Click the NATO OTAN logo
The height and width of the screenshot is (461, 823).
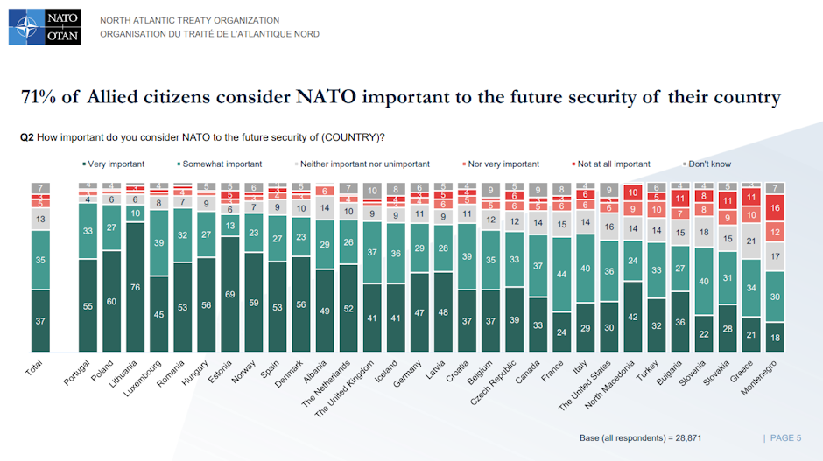pyautogui.click(x=45, y=27)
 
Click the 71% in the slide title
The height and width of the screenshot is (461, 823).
pyautogui.click(x=40, y=97)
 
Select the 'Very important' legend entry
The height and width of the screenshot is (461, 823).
pyautogui.click(x=113, y=164)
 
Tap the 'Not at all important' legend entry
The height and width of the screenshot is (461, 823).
pyautogui.click(x=613, y=164)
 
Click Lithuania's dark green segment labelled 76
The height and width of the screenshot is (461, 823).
pyautogui.click(x=136, y=286)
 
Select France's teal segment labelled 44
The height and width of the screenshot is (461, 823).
pyautogui.click(x=560, y=274)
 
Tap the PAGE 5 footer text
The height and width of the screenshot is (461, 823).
pyautogui.click(x=785, y=437)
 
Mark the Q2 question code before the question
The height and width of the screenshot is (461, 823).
pyautogui.click(x=27, y=137)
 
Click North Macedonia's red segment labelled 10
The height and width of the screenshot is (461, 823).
pyautogui.click(x=632, y=192)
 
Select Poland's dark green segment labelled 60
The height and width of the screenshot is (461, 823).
pyautogui.click(x=112, y=301)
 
